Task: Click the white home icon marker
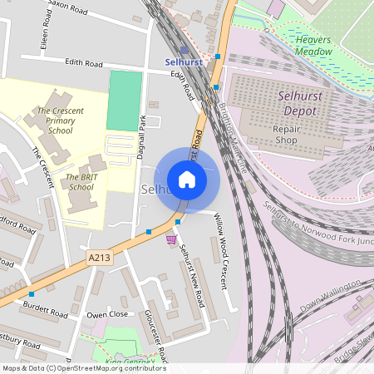click(x=187, y=179)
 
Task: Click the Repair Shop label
click(x=290, y=135)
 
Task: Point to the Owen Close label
click(x=108, y=315)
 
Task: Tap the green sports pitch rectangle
click(x=125, y=100)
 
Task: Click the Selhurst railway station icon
click(x=184, y=51)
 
